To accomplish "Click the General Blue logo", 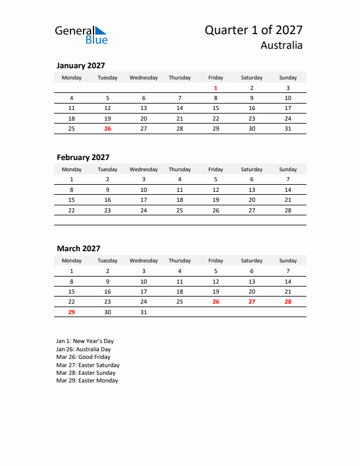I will click(x=81, y=35).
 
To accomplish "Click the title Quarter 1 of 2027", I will click(x=254, y=30).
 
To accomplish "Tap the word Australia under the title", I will click(x=282, y=45).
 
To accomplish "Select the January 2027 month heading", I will click(x=81, y=66).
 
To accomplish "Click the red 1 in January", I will click(x=216, y=88).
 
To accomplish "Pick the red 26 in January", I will click(x=107, y=128).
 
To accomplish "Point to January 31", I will click(x=288, y=128).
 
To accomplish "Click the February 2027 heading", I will click(x=83, y=157).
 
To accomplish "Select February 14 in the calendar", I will click(x=288, y=189).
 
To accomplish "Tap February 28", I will click(x=288, y=210).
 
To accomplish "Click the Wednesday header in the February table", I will click(x=144, y=169).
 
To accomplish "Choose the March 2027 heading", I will click(x=78, y=249).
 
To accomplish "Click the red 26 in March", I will click(x=216, y=301).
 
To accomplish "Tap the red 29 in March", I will click(x=72, y=312).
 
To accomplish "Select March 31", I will click(x=144, y=312).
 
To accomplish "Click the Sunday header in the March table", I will click(x=288, y=261).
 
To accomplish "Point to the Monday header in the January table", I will click(x=72, y=77).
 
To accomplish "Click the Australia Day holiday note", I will click(x=83, y=349).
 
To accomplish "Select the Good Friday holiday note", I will click(x=84, y=357).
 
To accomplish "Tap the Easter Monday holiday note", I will click(x=87, y=381).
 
